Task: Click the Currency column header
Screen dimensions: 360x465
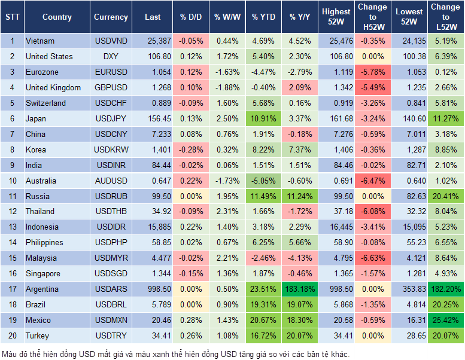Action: [111, 17]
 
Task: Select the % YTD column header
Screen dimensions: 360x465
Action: [264, 17]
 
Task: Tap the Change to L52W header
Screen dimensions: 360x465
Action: [446, 17]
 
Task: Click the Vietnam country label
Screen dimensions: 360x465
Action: [40, 41]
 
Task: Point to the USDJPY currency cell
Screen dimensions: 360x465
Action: [110, 118]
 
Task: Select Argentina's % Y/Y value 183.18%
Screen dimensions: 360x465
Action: [300, 289]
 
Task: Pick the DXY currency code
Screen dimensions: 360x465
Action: [110, 57]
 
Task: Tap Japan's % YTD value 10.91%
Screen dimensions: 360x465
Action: [264, 118]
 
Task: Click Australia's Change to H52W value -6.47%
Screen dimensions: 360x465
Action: [372, 181]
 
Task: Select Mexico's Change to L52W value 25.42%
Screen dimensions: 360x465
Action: [446, 321]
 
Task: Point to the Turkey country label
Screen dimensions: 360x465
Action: [38, 336]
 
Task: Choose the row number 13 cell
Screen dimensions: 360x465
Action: [11, 227]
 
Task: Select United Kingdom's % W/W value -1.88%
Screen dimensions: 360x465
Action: [227, 87]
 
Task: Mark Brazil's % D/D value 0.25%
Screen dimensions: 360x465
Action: [190, 305]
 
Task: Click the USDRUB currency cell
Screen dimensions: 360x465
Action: [110, 196]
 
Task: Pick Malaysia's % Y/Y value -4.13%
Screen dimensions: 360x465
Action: [300, 258]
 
